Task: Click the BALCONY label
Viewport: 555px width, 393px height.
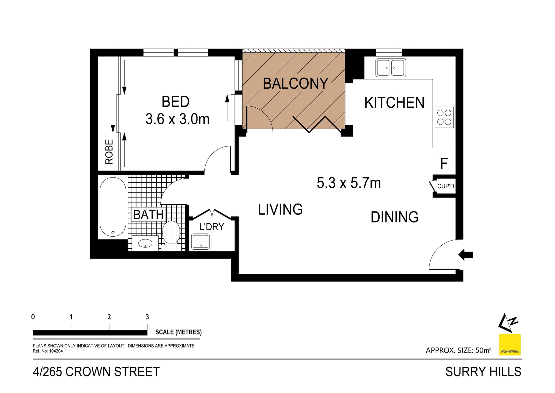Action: point(295,84)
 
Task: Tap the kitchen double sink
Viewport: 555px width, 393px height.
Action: point(391,68)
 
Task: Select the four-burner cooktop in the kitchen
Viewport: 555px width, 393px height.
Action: point(444,117)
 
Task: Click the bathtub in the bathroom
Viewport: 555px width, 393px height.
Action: point(113,207)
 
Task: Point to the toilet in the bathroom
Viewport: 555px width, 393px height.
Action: point(171,233)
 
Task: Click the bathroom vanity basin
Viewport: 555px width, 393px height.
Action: point(145,243)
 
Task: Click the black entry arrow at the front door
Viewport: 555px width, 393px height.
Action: point(466,255)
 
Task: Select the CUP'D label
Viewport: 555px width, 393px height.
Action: point(445,186)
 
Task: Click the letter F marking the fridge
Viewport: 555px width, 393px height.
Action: point(444,164)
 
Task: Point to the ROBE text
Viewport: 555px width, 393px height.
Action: point(109,152)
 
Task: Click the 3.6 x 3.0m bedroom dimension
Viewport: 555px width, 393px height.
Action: point(177,119)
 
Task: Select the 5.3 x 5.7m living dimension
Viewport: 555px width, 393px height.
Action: point(349,183)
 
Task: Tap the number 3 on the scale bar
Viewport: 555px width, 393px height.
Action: point(147,317)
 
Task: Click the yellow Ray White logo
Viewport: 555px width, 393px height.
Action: point(510,345)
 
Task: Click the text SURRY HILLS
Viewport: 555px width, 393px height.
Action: point(483,372)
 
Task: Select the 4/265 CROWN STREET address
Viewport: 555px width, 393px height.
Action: point(96,372)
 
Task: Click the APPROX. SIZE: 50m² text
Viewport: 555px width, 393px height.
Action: point(458,350)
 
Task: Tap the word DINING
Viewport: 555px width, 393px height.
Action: point(394,217)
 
